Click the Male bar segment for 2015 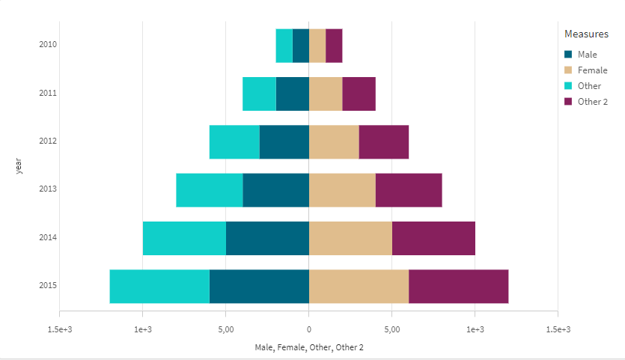click(x=259, y=286)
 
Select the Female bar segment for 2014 click(x=350, y=238)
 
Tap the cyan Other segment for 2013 click(x=209, y=190)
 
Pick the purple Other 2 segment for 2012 click(x=383, y=142)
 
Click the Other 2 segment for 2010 click(x=334, y=46)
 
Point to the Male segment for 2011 click(x=292, y=94)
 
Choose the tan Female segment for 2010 click(x=317, y=46)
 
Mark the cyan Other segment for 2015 click(x=159, y=286)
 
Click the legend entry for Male click(x=587, y=54)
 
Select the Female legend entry click(x=592, y=70)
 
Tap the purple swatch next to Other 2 click(x=568, y=102)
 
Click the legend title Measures click(x=586, y=34)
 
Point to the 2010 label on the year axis click(x=48, y=45)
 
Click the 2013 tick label click(x=48, y=189)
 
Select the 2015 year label click(x=48, y=286)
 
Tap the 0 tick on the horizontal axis click(x=308, y=329)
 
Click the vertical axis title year click(x=18, y=165)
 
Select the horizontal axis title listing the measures click(x=308, y=347)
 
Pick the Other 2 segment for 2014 click(x=433, y=238)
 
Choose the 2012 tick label click(x=48, y=141)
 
